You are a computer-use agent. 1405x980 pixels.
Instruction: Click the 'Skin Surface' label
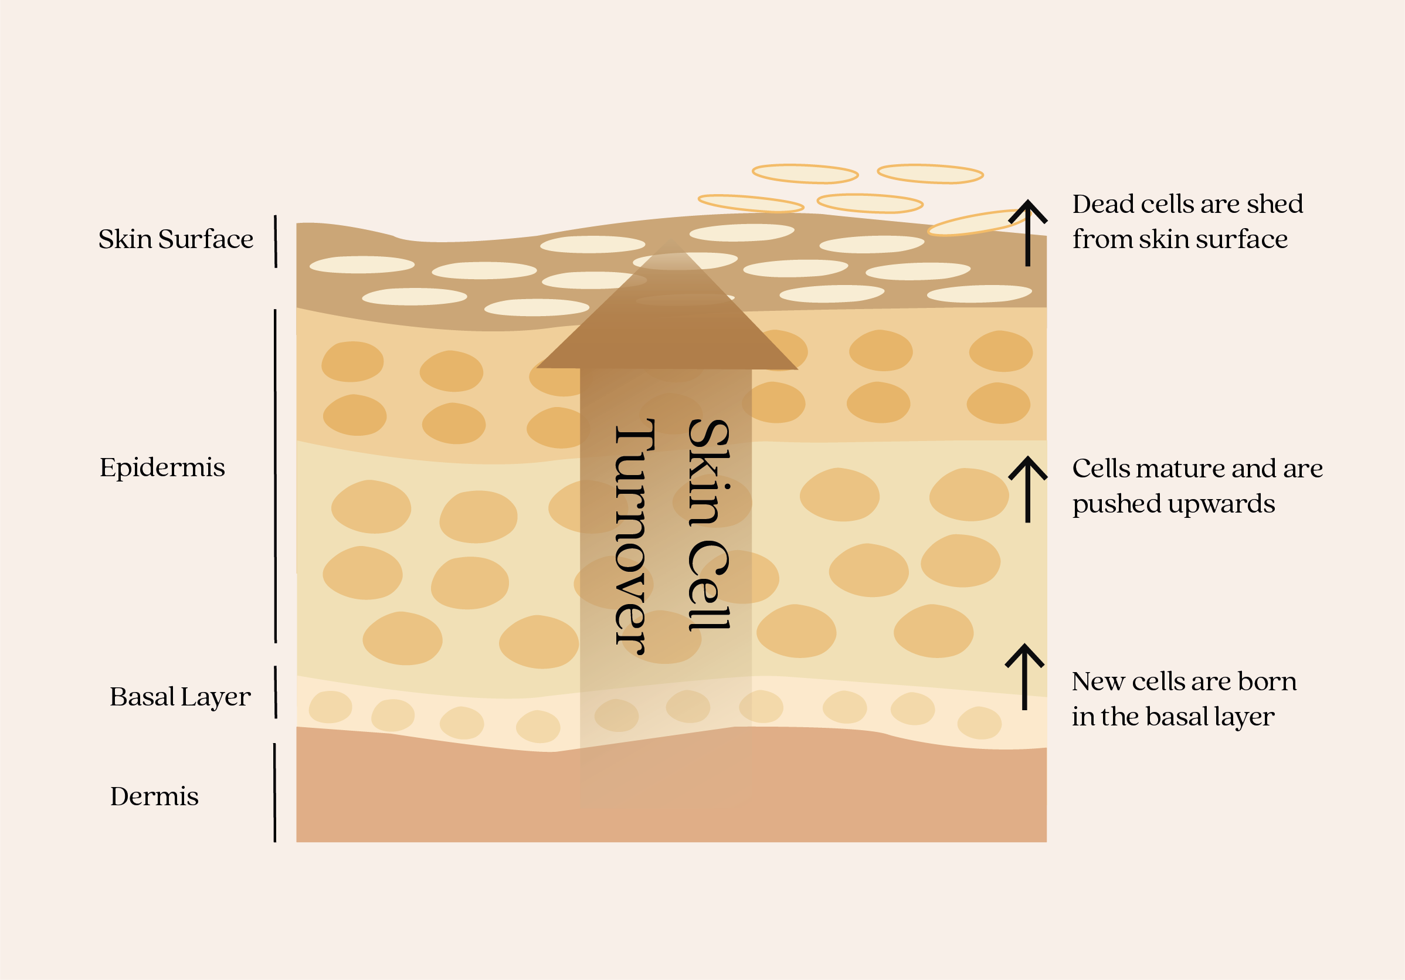[176, 239]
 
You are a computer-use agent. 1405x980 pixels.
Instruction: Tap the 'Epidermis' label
[162, 467]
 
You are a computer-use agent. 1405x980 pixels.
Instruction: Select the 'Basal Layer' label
[180, 697]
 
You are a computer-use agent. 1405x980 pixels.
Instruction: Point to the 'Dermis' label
[154, 796]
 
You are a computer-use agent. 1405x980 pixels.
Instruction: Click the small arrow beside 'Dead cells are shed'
[1027, 233]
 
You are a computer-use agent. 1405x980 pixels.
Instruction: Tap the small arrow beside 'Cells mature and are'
[1027, 489]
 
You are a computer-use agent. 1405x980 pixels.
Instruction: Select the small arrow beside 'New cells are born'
[1024, 677]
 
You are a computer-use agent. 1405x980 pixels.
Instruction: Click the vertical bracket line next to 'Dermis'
[275, 792]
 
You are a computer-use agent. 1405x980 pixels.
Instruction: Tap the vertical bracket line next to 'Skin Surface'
[276, 241]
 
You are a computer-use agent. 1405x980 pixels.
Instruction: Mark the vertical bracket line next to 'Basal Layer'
[276, 691]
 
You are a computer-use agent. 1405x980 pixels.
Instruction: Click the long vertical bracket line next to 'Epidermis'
[276, 476]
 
